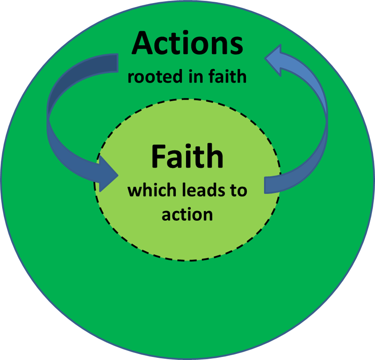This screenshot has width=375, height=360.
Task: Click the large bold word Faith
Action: (x=187, y=157)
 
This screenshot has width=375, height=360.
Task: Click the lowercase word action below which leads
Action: (x=187, y=215)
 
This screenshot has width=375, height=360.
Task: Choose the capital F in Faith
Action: (x=159, y=157)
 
